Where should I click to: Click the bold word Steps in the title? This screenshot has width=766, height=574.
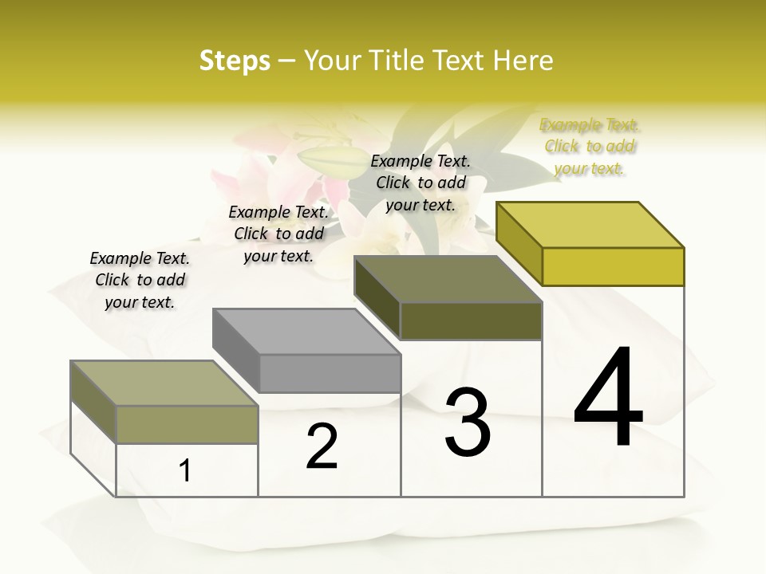pyautogui.click(x=235, y=61)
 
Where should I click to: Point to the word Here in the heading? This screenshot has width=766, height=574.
pyautogui.click(x=523, y=61)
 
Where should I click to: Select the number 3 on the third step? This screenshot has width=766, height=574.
pyautogui.click(x=468, y=423)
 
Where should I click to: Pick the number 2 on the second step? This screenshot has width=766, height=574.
pyautogui.click(x=322, y=446)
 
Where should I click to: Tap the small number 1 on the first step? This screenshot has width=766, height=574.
pyautogui.click(x=185, y=471)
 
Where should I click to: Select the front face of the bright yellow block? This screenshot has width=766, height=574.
pyautogui.click(x=613, y=266)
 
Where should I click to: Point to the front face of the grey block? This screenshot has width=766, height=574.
pyautogui.click(x=330, y=373)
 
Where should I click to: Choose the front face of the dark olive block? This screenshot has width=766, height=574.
pyautogui.click(x=471, y=320)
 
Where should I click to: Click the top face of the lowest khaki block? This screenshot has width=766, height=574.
pyautogui.click(x=164, y=383)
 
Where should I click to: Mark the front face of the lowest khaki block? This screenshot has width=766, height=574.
pyautogui.click(x=187, y=424)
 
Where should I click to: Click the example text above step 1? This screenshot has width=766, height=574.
pyautogui.click(x=140, y=280)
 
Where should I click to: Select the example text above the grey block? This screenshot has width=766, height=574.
pyautogui.click(x=278, y=234)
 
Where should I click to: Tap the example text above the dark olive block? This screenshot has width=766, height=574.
pyautogui.click(x=421, y=183)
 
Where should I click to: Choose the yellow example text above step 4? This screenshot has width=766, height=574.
pyautogui.click(x=590, y=146)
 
